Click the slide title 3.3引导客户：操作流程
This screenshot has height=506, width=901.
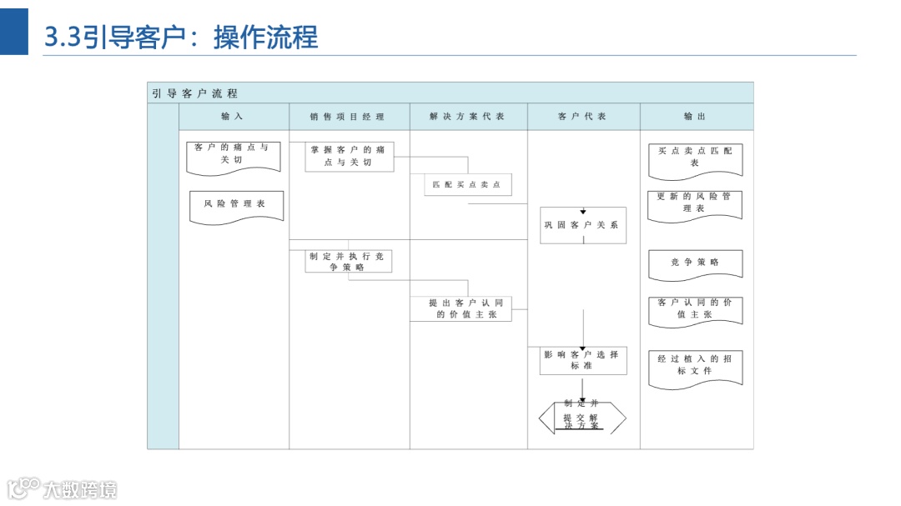click(181, 37)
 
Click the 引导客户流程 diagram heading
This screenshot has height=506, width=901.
click(194, 93)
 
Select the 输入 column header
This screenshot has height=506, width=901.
click(233, 117)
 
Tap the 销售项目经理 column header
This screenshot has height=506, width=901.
click(348, 117)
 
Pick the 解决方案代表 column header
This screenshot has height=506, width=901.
click(467, 117)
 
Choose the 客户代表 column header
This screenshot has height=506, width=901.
click(582, 117)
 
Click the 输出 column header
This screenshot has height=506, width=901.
click(695, 117)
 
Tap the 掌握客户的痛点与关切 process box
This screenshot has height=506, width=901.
click(348, 156)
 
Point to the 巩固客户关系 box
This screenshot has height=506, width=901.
click(582, 225)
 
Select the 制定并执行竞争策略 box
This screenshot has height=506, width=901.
click(348, 262)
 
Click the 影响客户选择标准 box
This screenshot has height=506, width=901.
click(582, 360)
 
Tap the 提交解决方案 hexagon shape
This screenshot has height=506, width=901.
click(582, 418)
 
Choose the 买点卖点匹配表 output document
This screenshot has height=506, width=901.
click(695, 158)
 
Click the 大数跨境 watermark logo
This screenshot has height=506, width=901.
click(63, 488)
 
